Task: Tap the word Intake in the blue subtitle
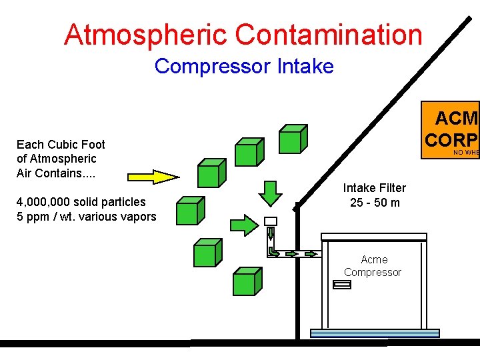click(306, 67)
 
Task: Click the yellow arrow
click(153, 177)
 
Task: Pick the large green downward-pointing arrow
click(270, 193)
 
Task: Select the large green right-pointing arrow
click(244, 223)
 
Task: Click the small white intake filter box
click(270, 221)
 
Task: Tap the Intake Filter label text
click(375, 188)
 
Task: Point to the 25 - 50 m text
click(375, 202)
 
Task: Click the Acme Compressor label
click(372, 265)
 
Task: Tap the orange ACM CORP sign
click(453, 129)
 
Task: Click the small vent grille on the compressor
click(342, 285)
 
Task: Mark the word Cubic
click(63, 144)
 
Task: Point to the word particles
click(124, 201)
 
